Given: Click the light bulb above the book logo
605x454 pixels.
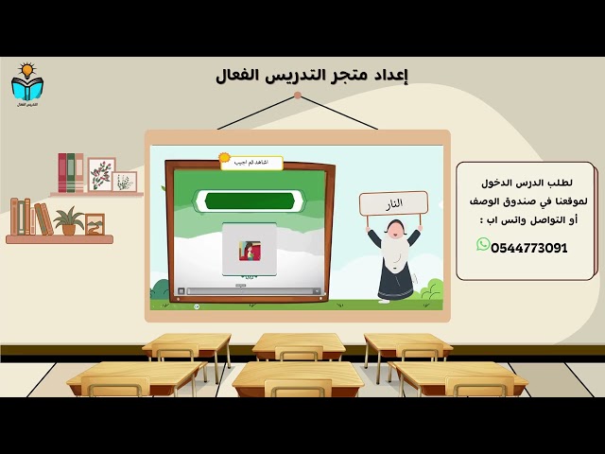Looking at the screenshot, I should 27,70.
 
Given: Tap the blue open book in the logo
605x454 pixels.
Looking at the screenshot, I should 27,88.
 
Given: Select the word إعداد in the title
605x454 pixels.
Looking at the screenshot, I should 391,75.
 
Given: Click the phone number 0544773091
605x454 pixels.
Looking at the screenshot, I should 529,248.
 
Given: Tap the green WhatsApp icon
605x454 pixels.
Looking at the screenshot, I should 483,245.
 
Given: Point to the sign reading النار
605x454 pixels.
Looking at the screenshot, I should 393,203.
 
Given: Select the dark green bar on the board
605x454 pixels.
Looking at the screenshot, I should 250,201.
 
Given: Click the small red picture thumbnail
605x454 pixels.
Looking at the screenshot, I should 249,251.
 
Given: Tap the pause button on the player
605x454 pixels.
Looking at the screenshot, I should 181,290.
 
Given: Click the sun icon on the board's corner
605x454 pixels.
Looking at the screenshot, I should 224,158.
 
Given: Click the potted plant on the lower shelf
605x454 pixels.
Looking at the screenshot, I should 68,220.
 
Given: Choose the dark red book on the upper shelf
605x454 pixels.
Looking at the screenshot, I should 62,173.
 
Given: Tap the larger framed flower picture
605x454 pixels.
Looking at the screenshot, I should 101,174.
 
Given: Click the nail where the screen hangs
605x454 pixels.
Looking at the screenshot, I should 298,95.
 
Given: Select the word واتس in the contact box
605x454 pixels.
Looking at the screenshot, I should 511,219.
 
